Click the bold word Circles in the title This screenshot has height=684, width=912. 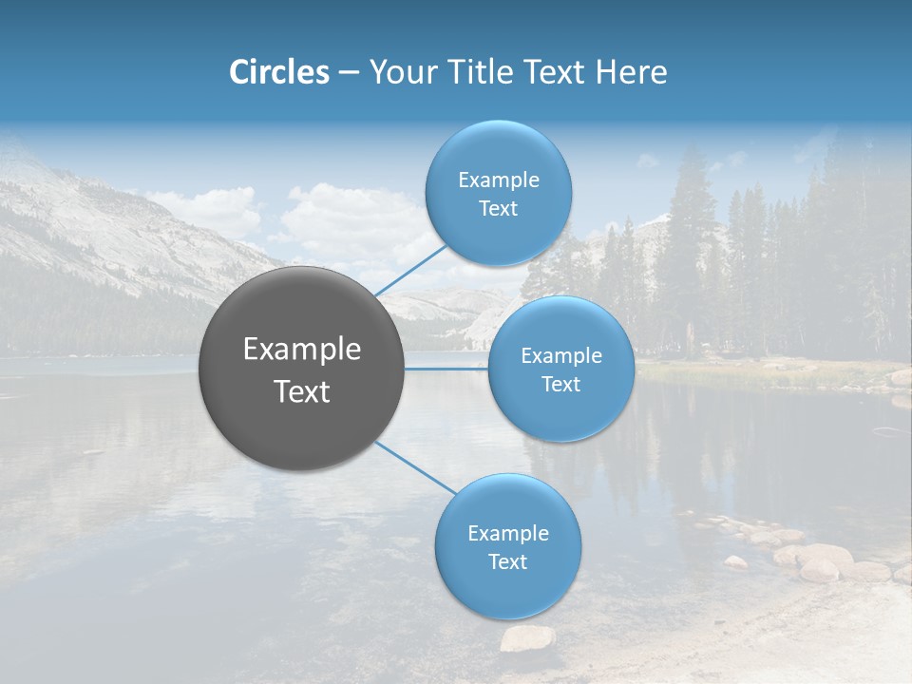pos(278,72)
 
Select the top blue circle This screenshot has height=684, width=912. pos(498,194)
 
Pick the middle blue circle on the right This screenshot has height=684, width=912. pos(560,369)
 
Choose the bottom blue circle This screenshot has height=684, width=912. pos(507,546)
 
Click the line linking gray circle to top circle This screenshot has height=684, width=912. pos(410,270)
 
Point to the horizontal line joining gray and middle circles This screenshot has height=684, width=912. pos(446,369)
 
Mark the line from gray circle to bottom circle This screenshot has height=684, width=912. pos(416,467)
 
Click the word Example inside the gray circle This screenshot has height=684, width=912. pos(302,350)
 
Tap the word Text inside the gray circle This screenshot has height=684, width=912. pos(302,391)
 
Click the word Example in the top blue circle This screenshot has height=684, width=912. pos(498,180)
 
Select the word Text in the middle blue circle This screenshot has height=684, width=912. pos(560,384)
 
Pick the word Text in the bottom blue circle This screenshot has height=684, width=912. pos(507,561)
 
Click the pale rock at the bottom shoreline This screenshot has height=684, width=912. pos(527,638)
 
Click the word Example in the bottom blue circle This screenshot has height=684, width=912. pos(507,533)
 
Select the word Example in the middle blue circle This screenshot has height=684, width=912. pos(560,355)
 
